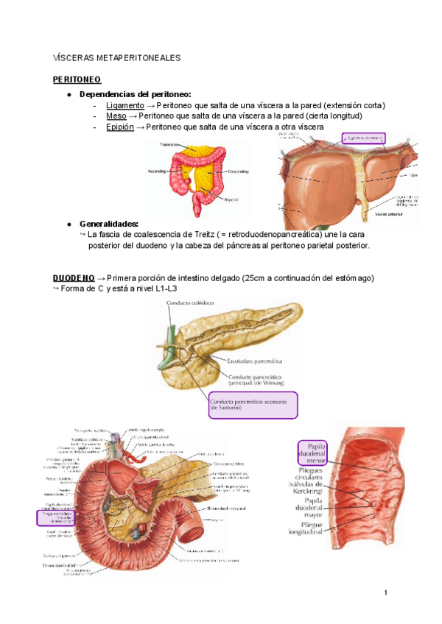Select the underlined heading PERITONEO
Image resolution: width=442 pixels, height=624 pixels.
click(x=77, y=79)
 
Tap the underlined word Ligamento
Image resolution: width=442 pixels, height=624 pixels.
click(x=125, y=105)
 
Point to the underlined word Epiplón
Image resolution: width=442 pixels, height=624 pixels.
click(x=120, y=127)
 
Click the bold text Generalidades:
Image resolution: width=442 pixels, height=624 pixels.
click(x=108, y=224)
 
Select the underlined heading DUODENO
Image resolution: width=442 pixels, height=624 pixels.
click(x=73, y=277)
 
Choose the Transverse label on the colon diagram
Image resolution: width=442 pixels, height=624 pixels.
click(x=170, y=145)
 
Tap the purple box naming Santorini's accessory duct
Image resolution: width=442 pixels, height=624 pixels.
click(x=251, y=405)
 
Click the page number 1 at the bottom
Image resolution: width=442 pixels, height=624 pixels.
click(x=385, y=592)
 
